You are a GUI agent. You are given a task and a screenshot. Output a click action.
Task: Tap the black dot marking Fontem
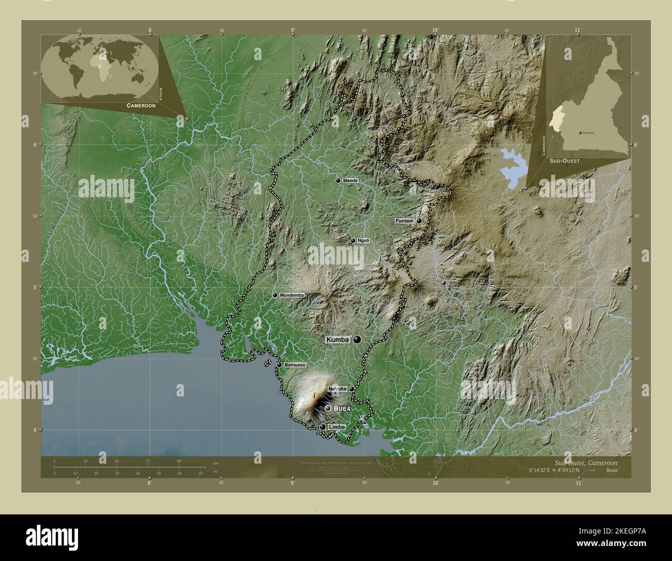[x=419, y=221]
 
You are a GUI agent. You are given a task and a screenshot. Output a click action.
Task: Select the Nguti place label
[x=363, y=241]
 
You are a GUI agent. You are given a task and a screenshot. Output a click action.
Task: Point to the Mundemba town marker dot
[x=275, y=295]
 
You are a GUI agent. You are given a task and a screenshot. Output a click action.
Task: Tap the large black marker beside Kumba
[x=357, y=339]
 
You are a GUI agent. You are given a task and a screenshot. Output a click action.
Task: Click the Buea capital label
[x=342, y=409]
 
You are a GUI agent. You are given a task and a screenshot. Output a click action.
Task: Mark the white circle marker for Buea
[x=328, y=409]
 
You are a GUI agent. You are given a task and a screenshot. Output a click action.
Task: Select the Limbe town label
[x=336, y=427]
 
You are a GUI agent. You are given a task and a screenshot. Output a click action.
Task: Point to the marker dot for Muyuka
[x=352, y=389]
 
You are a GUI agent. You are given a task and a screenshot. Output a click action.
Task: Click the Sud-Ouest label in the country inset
[x=564, y=161]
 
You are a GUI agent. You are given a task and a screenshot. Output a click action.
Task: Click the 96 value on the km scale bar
[x=179, y=461]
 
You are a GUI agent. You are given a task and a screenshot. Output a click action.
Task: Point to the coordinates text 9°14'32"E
[x=539, y=470]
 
